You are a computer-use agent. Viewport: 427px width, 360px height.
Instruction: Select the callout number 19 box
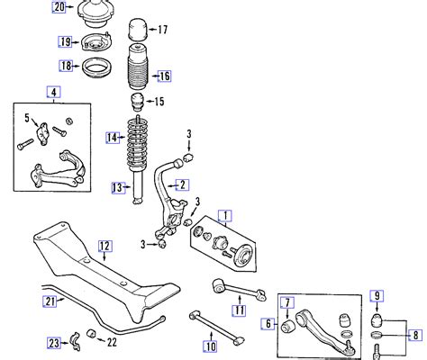point(65,41)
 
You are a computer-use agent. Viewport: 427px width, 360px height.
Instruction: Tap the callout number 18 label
point(65,66)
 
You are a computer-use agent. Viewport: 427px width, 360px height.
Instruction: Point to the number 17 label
point(163,31)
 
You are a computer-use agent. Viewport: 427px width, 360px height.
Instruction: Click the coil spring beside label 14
point(140,137)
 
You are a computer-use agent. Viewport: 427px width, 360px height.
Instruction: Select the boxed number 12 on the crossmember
point(104,245)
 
